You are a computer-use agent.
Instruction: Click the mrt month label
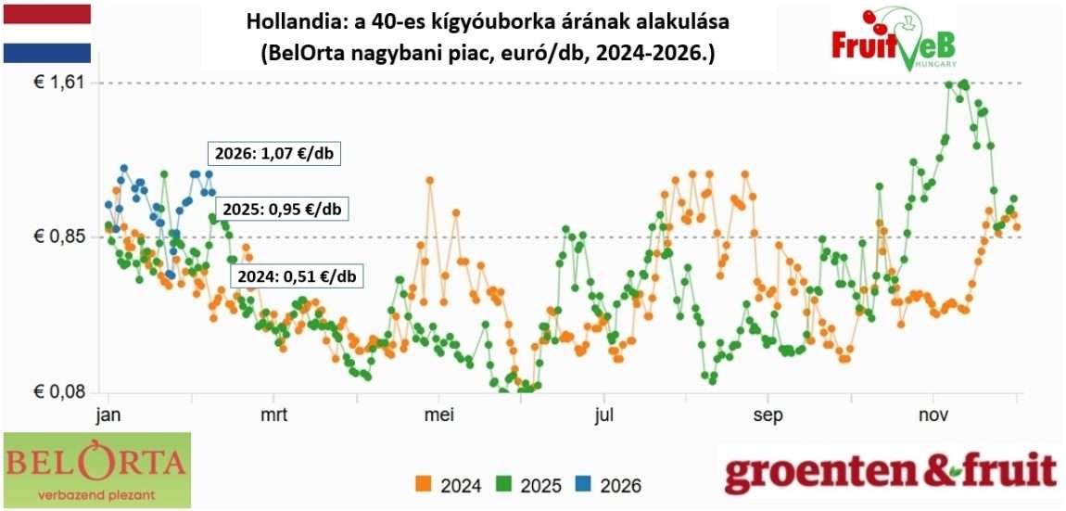pos(274,415)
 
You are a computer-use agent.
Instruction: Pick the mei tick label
pos(438,415)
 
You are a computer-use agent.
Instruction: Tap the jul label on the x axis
pos(604,415)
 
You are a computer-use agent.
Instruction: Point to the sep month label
pos(768,415)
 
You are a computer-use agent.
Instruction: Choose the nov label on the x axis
pos(932,415)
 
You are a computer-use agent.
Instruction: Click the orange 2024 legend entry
pos(449,484)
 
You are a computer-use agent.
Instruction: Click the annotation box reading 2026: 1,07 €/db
pos(273,154)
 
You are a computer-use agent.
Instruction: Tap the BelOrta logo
pos(96,469)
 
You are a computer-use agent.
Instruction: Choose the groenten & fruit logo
pos(890,472)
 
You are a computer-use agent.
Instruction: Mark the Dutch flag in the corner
pos(46,32)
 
